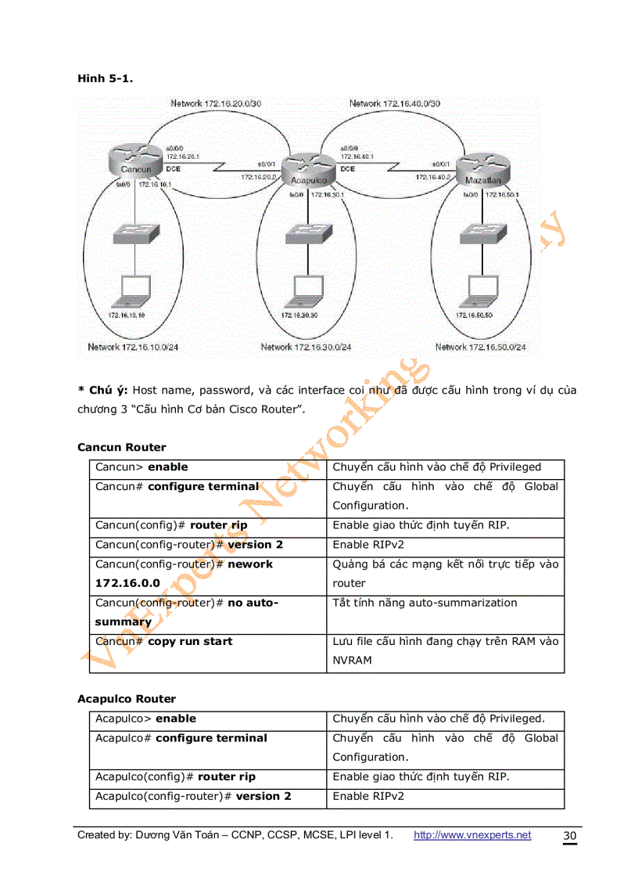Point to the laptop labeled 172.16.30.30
coord(300,291)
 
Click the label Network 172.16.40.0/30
coord(394,103)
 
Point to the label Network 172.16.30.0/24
coord(306,347)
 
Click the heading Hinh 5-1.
coord(99,78)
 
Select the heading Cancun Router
coord(122,448)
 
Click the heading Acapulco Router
coord(127,699)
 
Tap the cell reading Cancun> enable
coord(142,467)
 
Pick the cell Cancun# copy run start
coord(164,642)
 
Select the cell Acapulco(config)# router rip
coord(175,777)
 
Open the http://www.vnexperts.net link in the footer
coord(471,835)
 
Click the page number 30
coord(570,837)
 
